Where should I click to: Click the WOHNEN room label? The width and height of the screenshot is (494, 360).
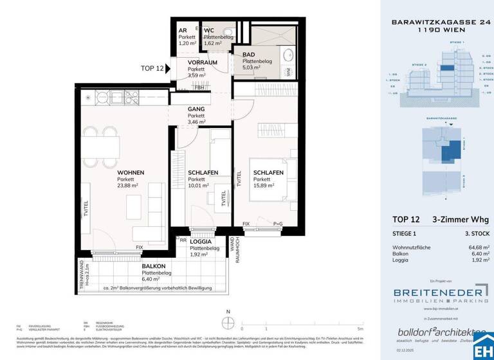click(130, 173)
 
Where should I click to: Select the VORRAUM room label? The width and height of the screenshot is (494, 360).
click(202, 62)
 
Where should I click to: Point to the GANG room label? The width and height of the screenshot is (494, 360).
click(197, 109)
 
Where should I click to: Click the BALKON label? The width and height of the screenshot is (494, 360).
click(154, 266)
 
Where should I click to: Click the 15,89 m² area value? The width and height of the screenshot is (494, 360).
click(264, 185)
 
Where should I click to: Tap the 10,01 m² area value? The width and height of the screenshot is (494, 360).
click(199, 185)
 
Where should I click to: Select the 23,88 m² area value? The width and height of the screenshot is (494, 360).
click(127, 185)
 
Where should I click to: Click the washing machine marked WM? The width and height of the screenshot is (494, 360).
click(288, 71)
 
